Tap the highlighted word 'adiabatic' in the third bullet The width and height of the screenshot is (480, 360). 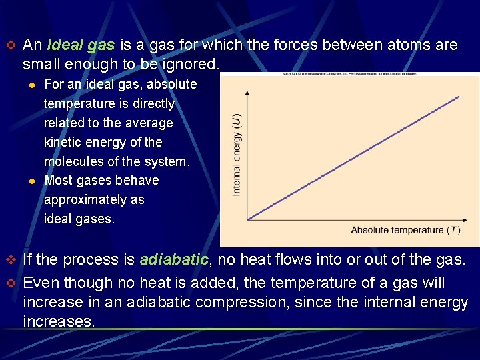(x=175, y=260)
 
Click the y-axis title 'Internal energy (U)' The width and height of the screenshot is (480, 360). (x=237, y=153)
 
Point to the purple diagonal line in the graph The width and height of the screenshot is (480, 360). (x=353, y=157)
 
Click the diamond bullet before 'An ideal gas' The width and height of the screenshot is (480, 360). (x=9, y=45)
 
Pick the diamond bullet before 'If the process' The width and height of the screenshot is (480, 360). (x=9, y=260)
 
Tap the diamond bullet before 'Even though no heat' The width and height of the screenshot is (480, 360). (x=9, y=283)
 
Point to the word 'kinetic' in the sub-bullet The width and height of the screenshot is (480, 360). (x=63, y=142)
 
